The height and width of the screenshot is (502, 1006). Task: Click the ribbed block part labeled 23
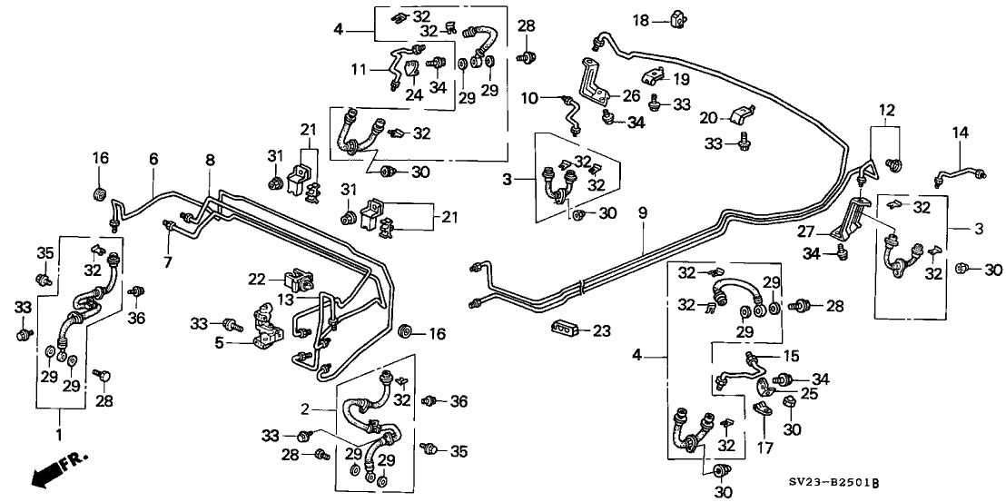563,328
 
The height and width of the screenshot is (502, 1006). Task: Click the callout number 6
153,159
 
